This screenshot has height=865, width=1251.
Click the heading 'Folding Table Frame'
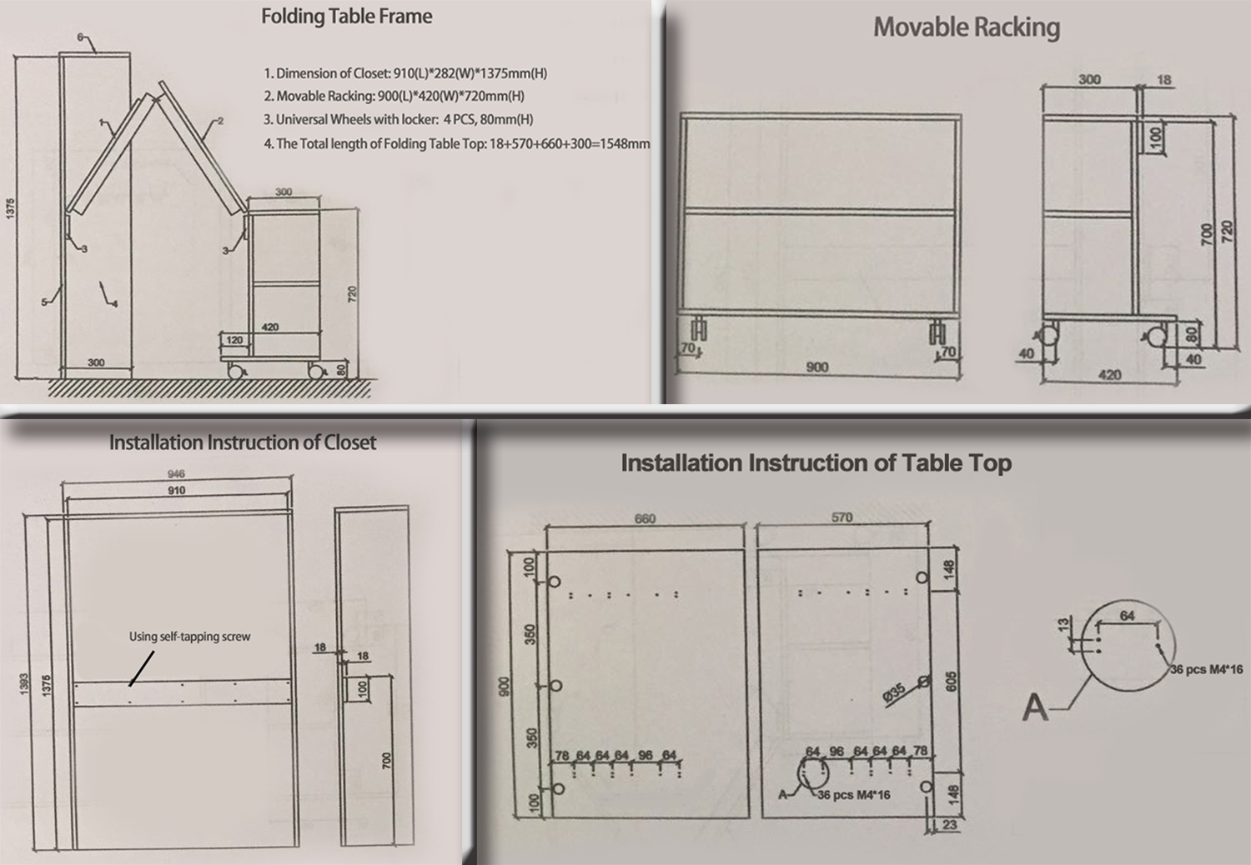coord(347,17)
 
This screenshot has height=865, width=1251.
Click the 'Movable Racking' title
coord(966,27)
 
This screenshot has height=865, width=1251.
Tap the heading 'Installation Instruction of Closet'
coord(243,442)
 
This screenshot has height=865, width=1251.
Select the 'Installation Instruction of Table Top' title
coord(816,463)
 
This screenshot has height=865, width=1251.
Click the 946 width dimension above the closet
coord(176,474)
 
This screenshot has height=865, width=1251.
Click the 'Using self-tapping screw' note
coord(190,636)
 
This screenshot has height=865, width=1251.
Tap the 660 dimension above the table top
coord(645,518)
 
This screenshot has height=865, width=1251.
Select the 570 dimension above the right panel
coord(842,517)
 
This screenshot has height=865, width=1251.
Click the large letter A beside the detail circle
coord(1035,707)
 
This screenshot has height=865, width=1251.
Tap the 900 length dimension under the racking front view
coord(817,367)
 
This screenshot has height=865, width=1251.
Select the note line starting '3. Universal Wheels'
coord(399,119)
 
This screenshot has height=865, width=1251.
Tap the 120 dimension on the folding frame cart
coord(234,340)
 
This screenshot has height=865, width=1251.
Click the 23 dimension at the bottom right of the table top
coord(949,825)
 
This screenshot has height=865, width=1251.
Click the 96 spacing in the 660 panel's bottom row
coord(645,755)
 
